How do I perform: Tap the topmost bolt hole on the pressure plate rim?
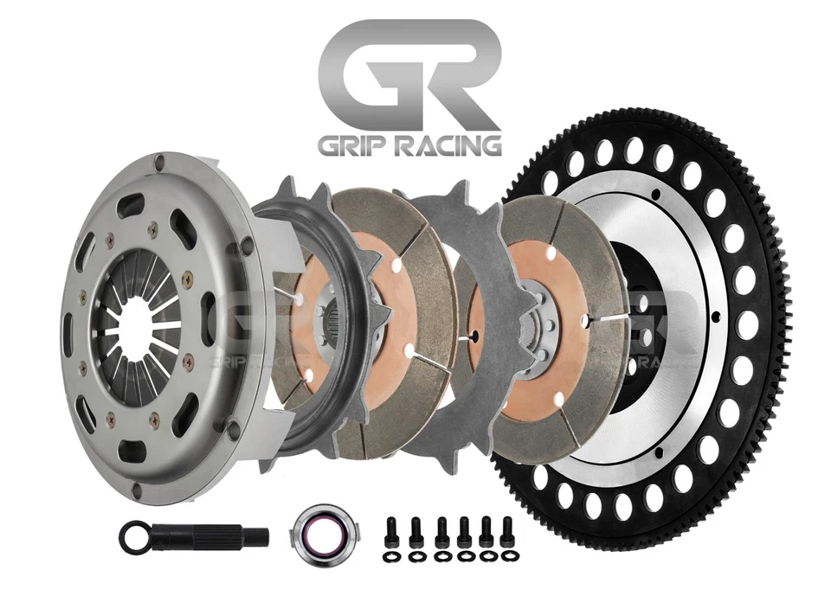point(158,160)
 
